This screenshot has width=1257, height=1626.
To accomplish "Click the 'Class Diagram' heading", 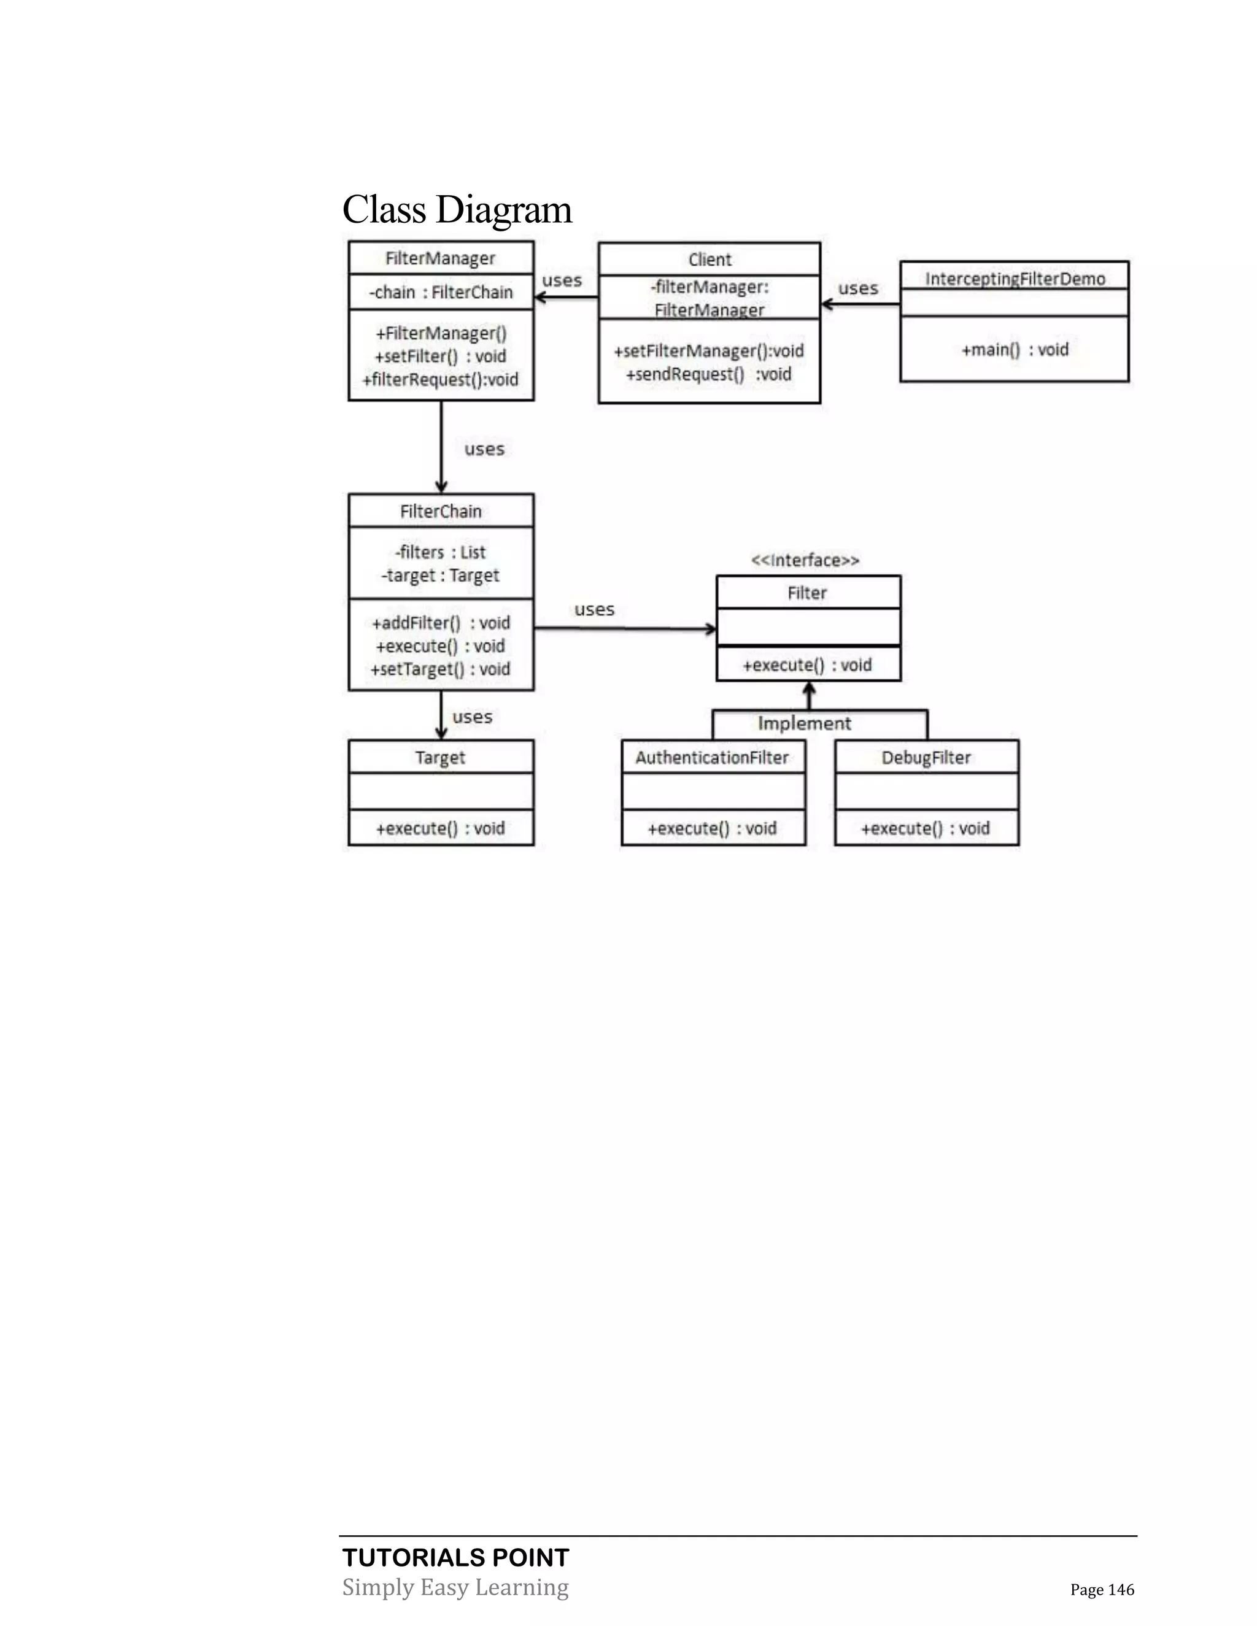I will pyautogui.click(x=457, y=209).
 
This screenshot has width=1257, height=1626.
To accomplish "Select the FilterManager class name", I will pyautogui.click(x=440, y=258).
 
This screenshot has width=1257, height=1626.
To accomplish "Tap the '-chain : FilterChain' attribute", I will pyautogui.click(x=441, y=292).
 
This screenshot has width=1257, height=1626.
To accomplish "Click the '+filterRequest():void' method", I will pyautogui.click(x=440, y=380).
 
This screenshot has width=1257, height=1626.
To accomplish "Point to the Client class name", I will pyautogui.click(x=710, y=260).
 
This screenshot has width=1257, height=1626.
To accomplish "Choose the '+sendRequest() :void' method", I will pyautogui.click(x=708, y=374).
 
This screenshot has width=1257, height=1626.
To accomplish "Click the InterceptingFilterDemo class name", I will pyautogui.click(x=1014, y=279).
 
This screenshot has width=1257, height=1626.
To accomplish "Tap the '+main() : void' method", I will pyautogui.click(x=1014, y=349).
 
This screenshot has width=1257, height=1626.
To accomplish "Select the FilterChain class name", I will pyautogui.click(x=441, y=512).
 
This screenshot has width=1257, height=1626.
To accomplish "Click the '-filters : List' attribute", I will pyautogui.click(x=441, y=552).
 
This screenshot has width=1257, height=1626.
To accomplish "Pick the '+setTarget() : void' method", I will pyautogui.click(x=440, y=669).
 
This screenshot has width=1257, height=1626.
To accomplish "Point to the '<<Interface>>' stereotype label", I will pyautogui.click(x=805, y=560).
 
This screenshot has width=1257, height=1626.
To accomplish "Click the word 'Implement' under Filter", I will pyautogui.click(x=804, y=723).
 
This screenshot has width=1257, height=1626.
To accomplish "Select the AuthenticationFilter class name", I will pyautogui.click(x=712, y=757).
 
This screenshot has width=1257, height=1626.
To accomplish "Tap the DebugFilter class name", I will pyautogui.click(x=926, y=757).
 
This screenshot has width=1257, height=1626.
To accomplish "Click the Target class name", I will pyautogui.click(x=440, y=757).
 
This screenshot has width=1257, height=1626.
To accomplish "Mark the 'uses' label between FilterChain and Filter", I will pyautogui.click(x=594, y=610).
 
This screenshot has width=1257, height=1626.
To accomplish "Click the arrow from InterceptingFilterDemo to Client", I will pyautogui.click(x=860, y=304).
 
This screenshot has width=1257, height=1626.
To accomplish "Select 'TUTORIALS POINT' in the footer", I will pyautogui.click(x=456, y=1557).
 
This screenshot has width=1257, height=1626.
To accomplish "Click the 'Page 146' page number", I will pyautogui.click(x=1102, y=1590).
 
